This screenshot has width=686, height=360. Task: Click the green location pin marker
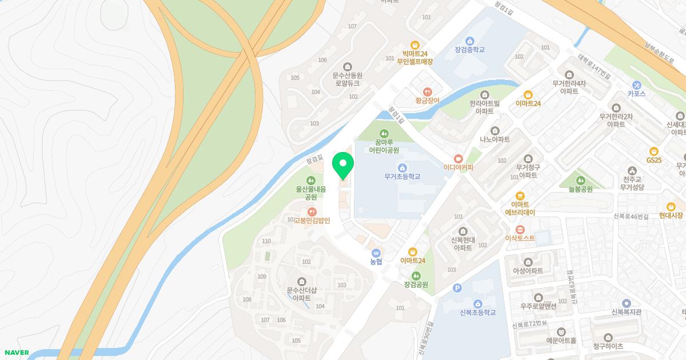tap(343, 165)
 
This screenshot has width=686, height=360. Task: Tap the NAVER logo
tap(16, 353)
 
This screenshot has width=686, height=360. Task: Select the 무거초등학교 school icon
tap(402, 167)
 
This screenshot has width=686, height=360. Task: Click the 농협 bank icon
tap(376, 252)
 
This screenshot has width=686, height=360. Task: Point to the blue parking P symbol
tap(456, 289)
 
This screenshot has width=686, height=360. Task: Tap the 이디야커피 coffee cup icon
tap(458, 158)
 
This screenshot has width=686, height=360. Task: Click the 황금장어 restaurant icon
tap(427, 91)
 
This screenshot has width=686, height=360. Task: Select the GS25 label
tap(653, 160)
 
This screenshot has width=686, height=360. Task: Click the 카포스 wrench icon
tap(636, 85)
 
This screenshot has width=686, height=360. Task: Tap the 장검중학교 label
tap(469, 50)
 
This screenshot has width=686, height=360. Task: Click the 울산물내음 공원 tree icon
tap(310, 179)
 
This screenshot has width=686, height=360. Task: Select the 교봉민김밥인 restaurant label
tap(312, 220)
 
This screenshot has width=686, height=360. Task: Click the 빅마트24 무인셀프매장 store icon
tap(415, 45)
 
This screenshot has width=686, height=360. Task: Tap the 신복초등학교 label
tap(477, 313)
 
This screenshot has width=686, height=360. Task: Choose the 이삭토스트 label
tap(520, 238)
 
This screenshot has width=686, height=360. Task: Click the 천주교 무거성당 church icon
tap(632, 170)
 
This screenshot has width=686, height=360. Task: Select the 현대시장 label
tap(671, 215)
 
